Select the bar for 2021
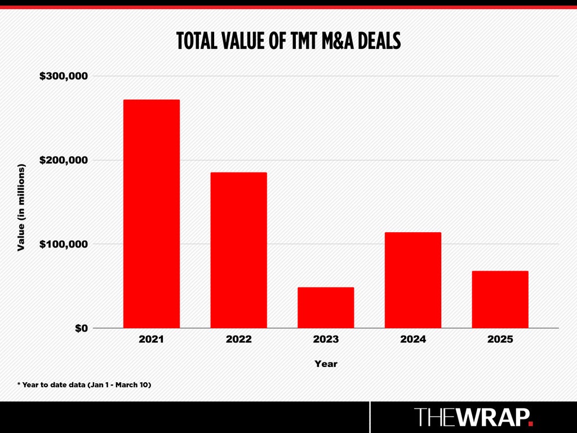tap(151, 214)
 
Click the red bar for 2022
tap(238, 250)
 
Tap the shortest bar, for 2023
tap(326, 307)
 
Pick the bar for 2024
tap(413, 280)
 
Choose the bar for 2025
tap(500, 299)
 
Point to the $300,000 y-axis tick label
tap(64, 76)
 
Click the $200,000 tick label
tap(64, 160)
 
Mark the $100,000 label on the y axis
tap(64, 244)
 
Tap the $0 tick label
tap(81, 328)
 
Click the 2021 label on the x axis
tap(151, 339)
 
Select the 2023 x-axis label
tap(326, 339)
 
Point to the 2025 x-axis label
tap(500, 339)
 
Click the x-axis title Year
tap(326, 364)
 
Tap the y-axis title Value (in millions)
tap(21, 207)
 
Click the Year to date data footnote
tap(85, 385)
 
